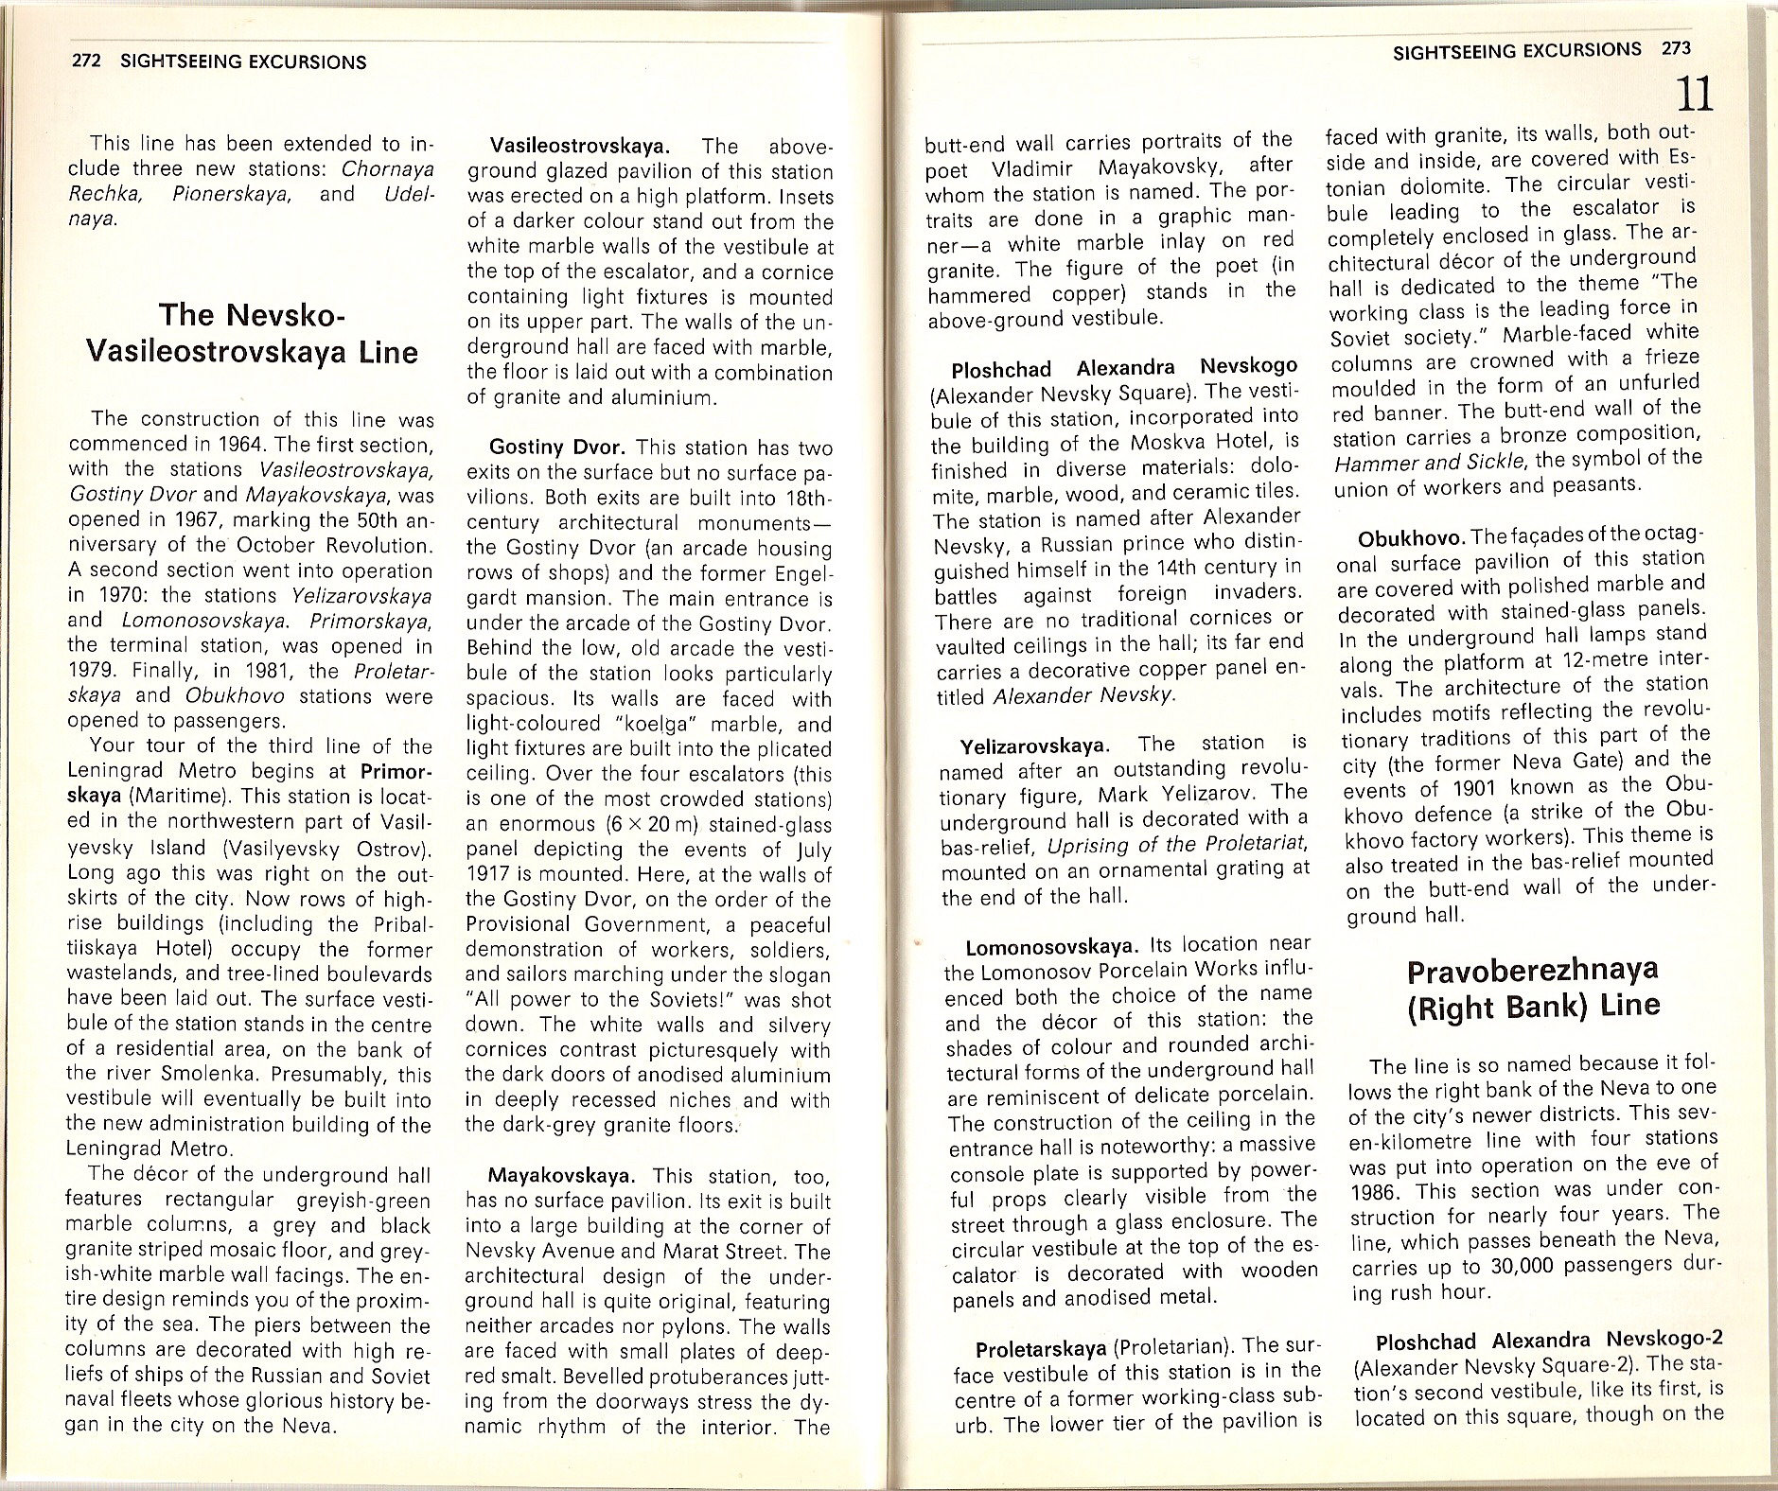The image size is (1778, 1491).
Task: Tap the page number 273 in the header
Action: [1675, 49]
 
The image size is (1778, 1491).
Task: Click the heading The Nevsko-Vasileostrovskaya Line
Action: [251, 333]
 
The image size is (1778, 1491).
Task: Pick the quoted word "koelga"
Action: [662, 725]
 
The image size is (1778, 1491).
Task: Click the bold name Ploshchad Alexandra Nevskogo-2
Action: [1549, 1342]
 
